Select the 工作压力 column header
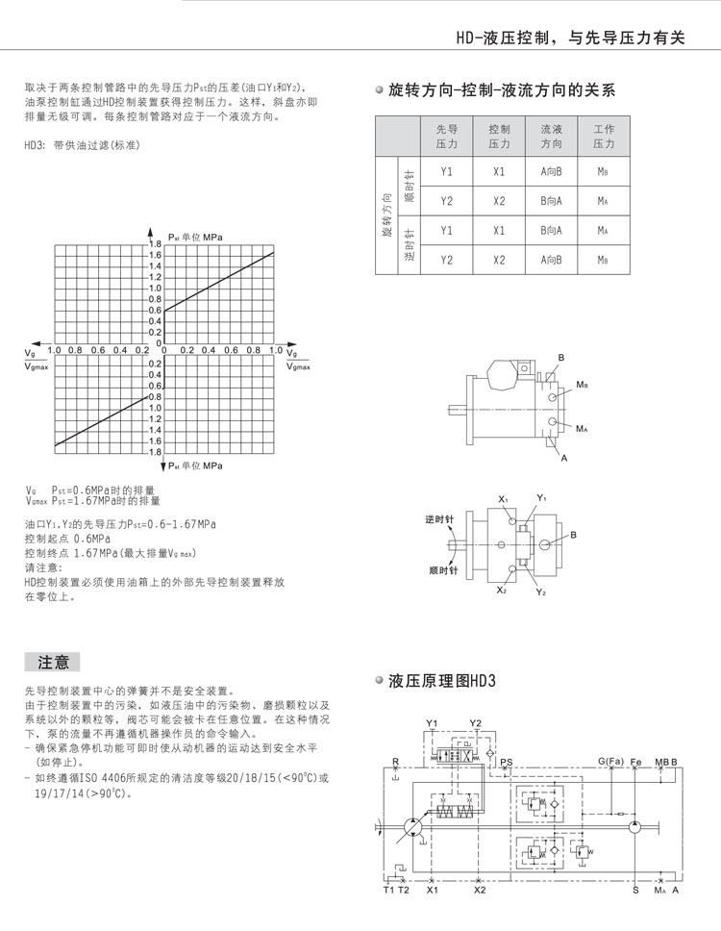pos(603,136)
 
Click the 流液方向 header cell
pos(551,136)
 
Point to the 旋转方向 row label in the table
pos(387,215)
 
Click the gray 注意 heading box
pos(52,662)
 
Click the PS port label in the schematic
pos(507,761)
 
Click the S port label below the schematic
pos(635,890)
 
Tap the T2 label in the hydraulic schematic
pos(404,890)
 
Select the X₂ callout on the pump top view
pos(502,589)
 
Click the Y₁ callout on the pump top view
pos(541,497)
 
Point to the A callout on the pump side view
pos(564,458)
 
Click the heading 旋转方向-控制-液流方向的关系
pos(500,91)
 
